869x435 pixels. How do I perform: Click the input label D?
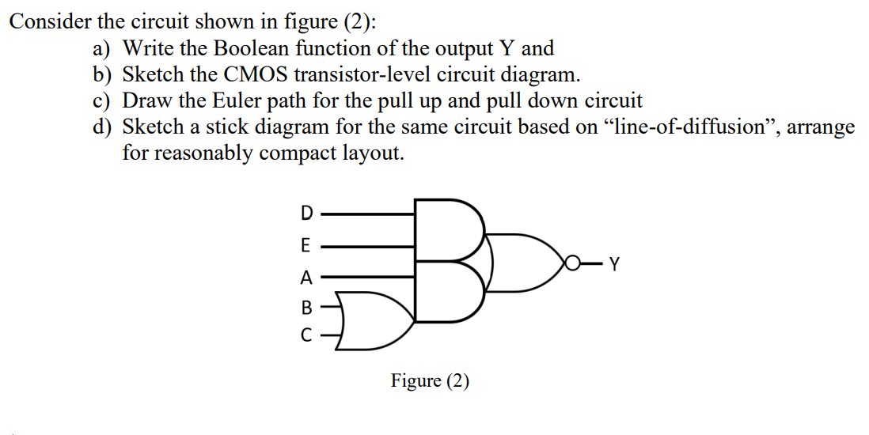[307, 213]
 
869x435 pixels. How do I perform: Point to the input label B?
[307, 307]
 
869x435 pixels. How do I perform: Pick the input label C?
[307, 335]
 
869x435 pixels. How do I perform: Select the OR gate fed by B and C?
[377, 320]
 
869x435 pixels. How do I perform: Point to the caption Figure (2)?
[430, 381]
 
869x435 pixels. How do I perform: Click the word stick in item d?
[217, 127]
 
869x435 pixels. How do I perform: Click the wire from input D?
[367, 213]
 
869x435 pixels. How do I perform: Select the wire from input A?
[367, 277]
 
